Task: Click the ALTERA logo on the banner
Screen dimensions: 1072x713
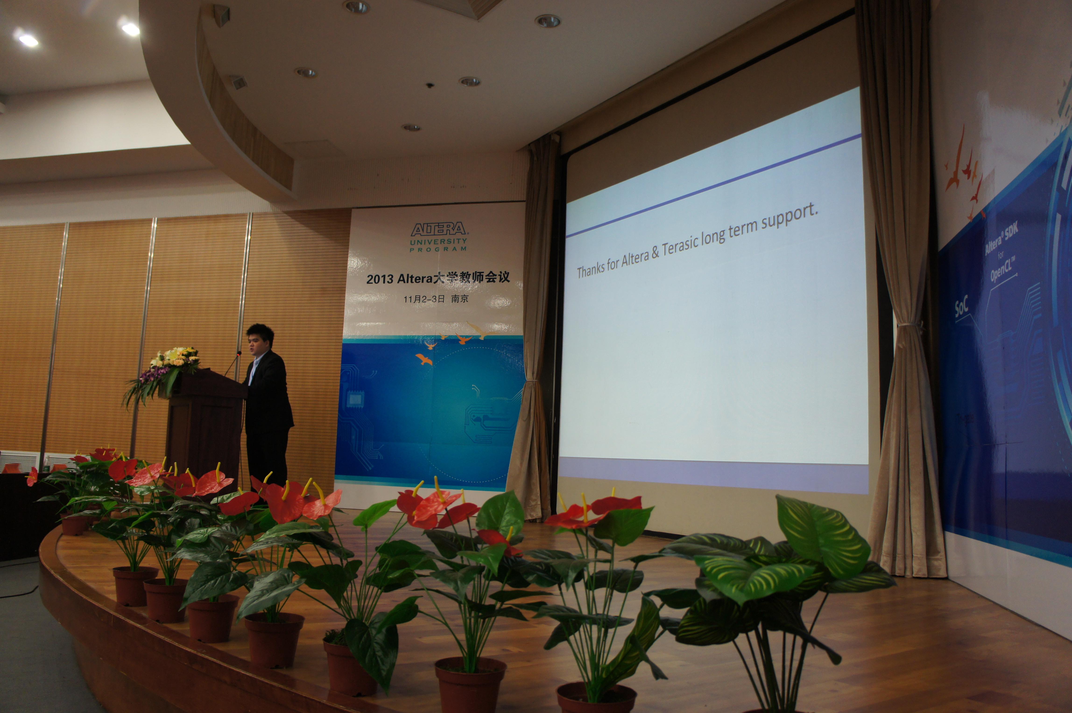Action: pos(439,229)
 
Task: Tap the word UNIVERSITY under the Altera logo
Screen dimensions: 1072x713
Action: pos(439,241)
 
